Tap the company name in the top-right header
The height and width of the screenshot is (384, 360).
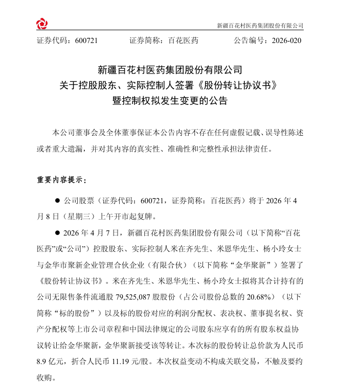tap(260, 25)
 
